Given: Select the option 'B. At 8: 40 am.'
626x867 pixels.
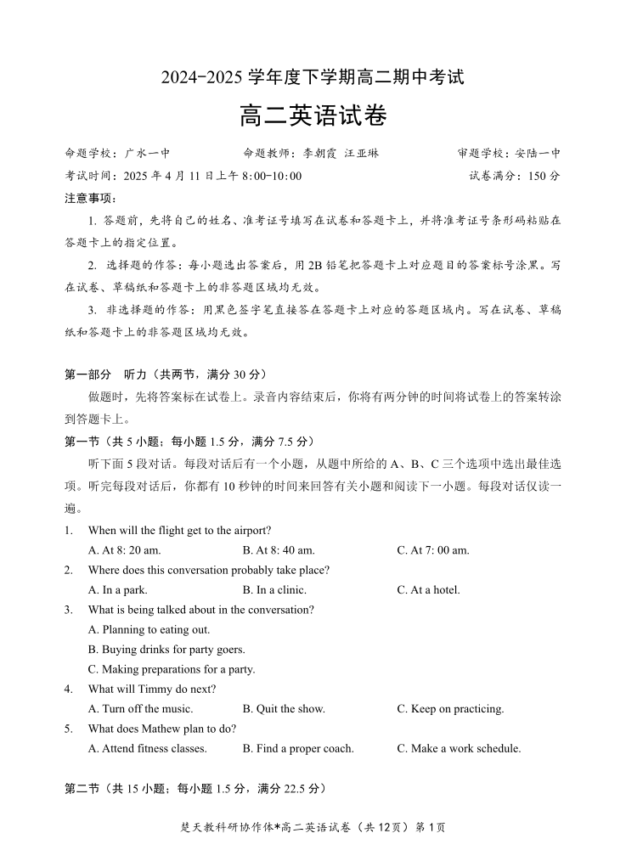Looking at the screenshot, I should pos(279,550).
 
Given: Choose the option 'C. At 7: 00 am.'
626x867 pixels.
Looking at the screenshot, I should pos(433,550).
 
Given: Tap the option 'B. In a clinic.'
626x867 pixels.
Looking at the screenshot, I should pos(274,590).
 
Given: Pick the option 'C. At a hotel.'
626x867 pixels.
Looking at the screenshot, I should pos(428,590).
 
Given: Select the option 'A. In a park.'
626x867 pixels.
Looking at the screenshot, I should pos(118,590).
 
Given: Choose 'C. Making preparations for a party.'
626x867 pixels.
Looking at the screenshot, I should pos(172,669).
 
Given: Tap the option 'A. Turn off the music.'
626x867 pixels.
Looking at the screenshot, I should pos(140,709).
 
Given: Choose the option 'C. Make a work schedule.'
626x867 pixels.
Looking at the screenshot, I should pos(459,749).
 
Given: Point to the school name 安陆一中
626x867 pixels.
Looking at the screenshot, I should pos(539,154).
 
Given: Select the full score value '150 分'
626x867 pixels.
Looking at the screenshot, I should pos(543,177).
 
